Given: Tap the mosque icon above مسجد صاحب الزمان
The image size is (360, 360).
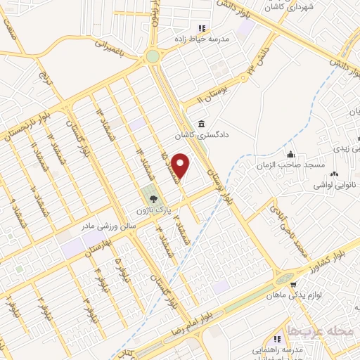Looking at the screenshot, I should point(290,155).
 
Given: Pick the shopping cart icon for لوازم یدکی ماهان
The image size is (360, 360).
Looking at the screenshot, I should point(292,285).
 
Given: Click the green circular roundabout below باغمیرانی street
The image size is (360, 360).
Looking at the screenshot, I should point(152,57).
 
